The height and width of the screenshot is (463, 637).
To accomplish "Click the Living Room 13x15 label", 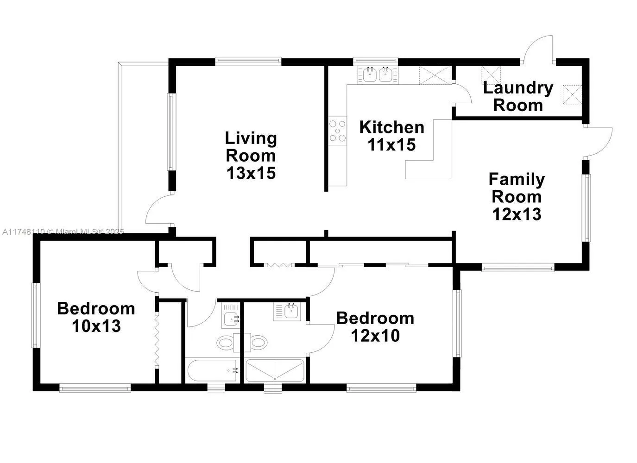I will [x=251, y=156].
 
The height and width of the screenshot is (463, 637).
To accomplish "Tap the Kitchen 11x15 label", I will [x=391, y=136].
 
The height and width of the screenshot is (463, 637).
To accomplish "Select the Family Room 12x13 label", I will [x=517, y=196].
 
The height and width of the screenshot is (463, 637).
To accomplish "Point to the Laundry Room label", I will [x=518, y=96].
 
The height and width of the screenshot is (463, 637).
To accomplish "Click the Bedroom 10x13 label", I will [x=96, y=317].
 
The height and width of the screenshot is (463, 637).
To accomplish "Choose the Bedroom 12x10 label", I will [x=375, y=326].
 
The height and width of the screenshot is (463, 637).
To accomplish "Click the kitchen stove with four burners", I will [x=337, y=131].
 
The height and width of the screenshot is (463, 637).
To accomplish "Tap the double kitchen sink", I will [x=377, y=75].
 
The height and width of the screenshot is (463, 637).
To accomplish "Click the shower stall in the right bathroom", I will [x=275, y=370].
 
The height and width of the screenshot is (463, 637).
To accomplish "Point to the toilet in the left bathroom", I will [x=226, y=343].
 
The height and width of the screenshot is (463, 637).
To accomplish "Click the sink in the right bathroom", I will [x=291, y=311].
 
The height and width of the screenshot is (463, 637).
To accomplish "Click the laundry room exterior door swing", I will [x=537, y=49].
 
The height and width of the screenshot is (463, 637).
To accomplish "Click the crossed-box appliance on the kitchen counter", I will [x=435, y=75].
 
